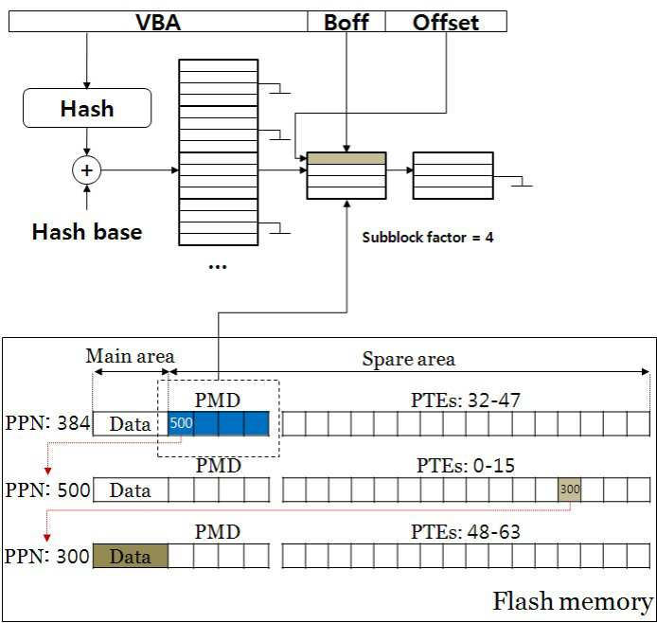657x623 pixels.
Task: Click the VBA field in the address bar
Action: pyautogui.click(x=158, y=22)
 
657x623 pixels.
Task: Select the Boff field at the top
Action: pyautogui.click(x=346, y=22)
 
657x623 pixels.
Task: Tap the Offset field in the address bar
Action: pyautogui.click(x=446, y=22)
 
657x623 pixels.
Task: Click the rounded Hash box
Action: pyautogui.click(x=87, y=108)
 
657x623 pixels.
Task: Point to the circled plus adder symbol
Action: pyautogui.click(x=87, y=170)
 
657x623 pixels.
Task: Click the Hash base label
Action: pyautogui.click(x=87, y=232)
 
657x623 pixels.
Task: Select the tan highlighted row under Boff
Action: pyautogui.click(x=346, y=158)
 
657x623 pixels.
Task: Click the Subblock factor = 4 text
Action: pyautogui.click(x=427, y=238)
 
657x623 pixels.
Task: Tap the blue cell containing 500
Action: pyautogui.click(x=181, y=423)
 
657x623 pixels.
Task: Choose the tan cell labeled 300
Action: pyautogui.click(x=569, y=489)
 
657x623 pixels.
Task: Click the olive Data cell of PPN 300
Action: pyautogui.click(x=131, y=556)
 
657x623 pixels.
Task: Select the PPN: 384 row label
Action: pyautogui.click(x=47, y=422)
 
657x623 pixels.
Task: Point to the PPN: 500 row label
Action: pyautogui.click(x=47, y=489)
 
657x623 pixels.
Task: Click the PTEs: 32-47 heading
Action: pyautogui.click(x=466, y=400)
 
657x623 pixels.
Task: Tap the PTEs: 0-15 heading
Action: pyautogui.click(x=466, y=466)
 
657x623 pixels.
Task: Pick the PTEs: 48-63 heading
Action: pyautogui.click(x=466, y=532)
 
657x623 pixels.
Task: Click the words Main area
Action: pyautogui.click(x=130, y=356)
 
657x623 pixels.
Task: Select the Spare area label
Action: pyautogui.click(x=409, y=359)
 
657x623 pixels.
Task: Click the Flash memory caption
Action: pyautogui.click(x=573, y=601)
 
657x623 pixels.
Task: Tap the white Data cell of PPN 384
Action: pyautogui.click(x=131, y=423)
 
